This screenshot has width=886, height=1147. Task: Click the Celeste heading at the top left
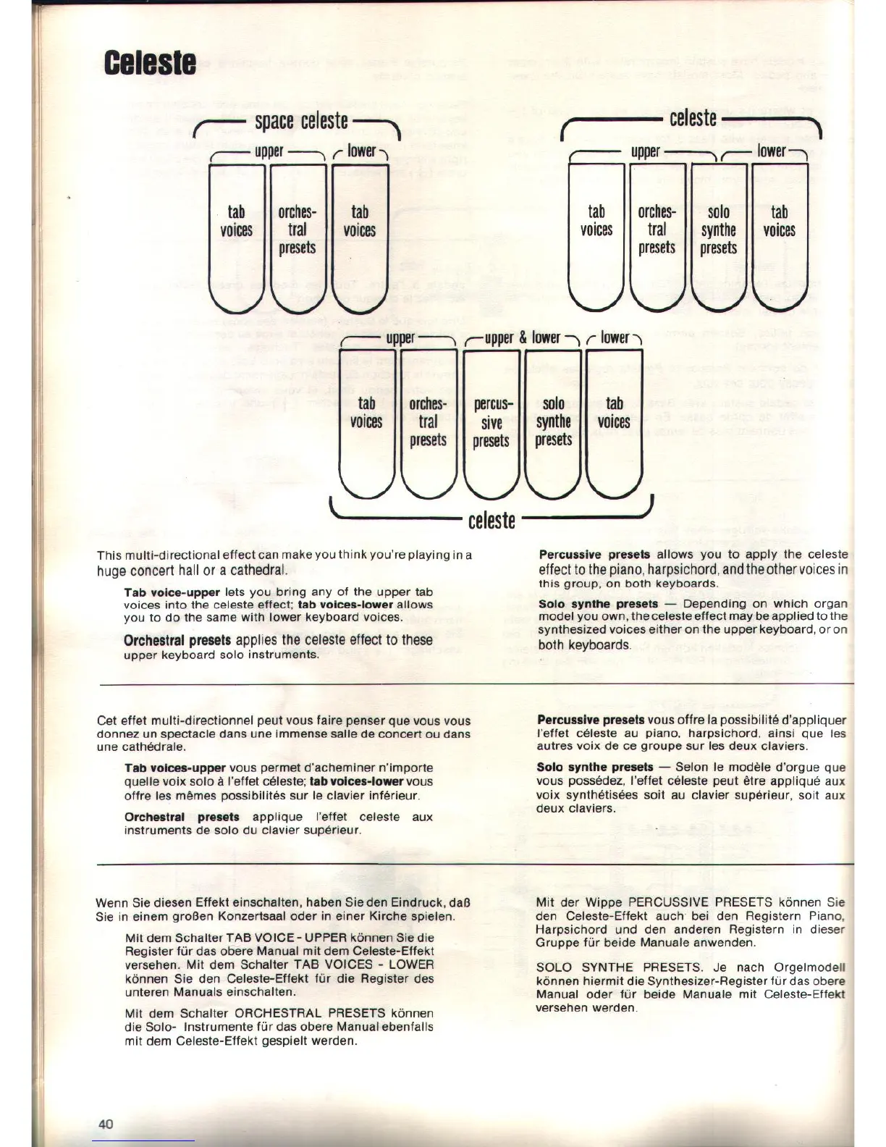(150, 62)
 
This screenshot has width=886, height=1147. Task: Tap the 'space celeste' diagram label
(301, 121)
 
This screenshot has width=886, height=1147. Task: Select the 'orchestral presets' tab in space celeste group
(298, 230)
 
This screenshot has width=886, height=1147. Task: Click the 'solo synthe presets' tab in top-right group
(718, 230)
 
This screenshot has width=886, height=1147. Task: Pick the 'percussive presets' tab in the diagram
(491, 422)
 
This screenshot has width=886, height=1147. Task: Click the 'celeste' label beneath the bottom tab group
(491, 520)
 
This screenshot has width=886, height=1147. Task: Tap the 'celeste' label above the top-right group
(693, 118)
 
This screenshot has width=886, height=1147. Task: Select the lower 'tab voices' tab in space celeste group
(360, 222)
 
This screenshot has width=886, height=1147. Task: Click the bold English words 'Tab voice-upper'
(172, 592)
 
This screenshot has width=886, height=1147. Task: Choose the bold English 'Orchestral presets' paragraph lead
(177, 640)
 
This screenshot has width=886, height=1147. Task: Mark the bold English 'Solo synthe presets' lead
(599, 604)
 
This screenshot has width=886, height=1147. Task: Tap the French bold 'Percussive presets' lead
(591, 720)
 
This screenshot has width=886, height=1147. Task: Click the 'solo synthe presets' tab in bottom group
(554, 422)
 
